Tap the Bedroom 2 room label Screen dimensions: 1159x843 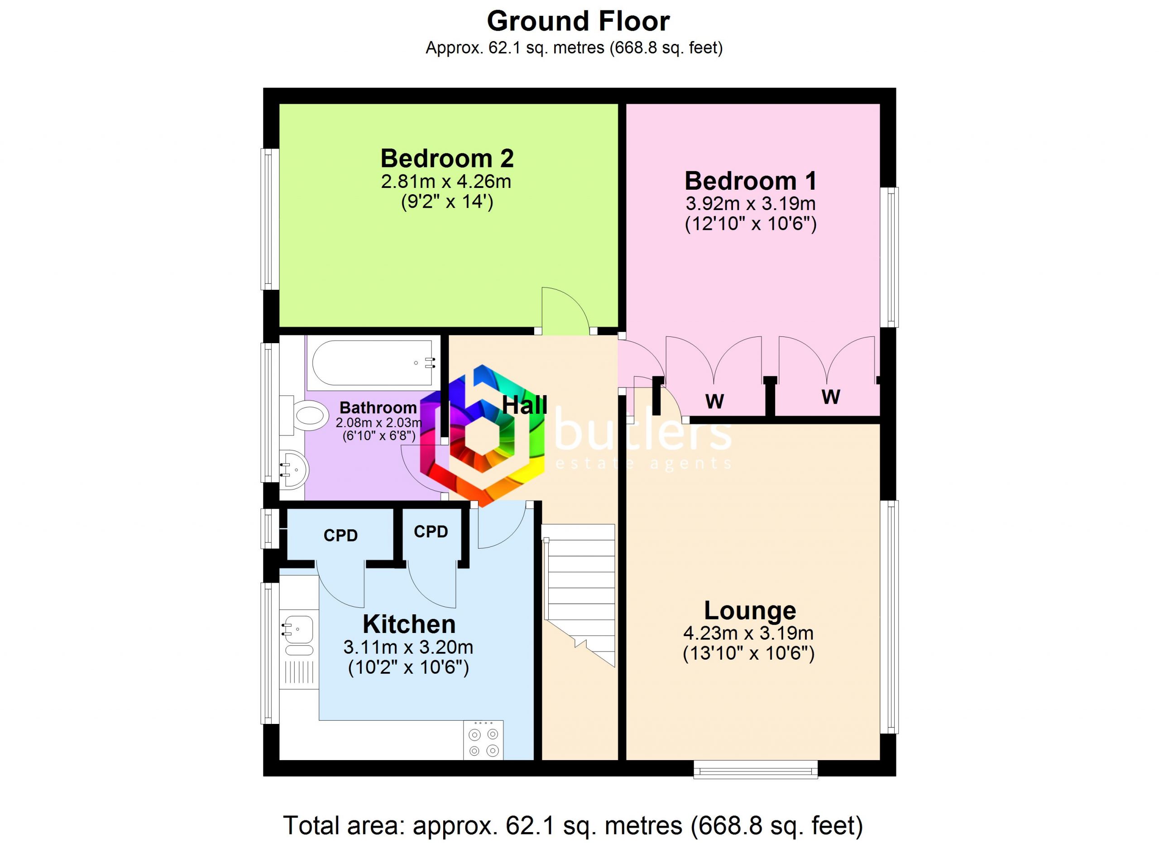point(447,158)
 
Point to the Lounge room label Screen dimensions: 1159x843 point(750,611)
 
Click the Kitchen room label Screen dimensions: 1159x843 point(409,624)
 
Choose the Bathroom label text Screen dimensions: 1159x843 point(378,408)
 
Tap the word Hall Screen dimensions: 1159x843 point(525,406)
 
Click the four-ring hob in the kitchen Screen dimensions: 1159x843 point(484,740)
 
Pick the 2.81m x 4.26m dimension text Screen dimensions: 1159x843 point(446,182)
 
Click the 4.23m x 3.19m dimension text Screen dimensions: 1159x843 point(748,634)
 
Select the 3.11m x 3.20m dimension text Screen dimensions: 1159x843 point(408,648)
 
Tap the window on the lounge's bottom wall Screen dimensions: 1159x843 point(755,769)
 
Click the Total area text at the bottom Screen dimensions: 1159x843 point(573,826)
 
